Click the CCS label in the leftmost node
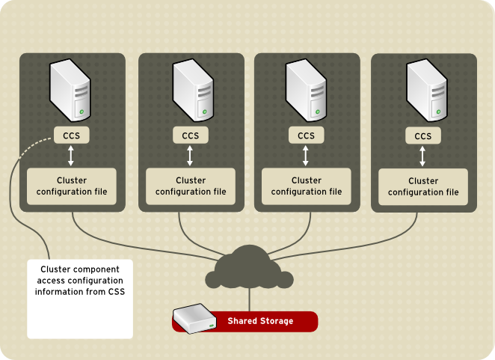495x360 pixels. point(72,135)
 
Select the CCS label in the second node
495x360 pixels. point(191,135)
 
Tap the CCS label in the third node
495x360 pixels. point(306,135)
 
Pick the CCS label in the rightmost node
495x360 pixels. point(423,135)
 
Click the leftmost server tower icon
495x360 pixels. point(72,92)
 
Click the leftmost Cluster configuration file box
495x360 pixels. point(72,186)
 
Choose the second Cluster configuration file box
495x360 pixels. point(191,186)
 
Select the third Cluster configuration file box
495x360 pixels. point(306,186)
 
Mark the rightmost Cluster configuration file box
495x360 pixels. point(423,186)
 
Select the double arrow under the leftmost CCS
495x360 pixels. point(71,156)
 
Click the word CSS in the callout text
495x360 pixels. point(114,291)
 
